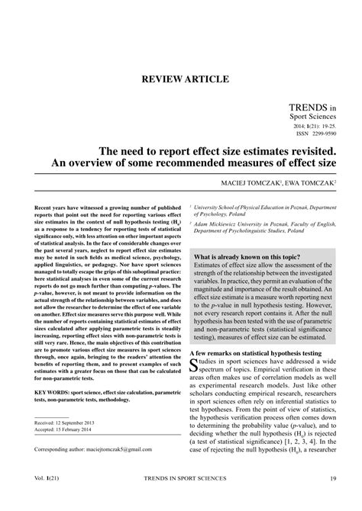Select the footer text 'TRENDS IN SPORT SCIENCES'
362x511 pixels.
181,500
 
